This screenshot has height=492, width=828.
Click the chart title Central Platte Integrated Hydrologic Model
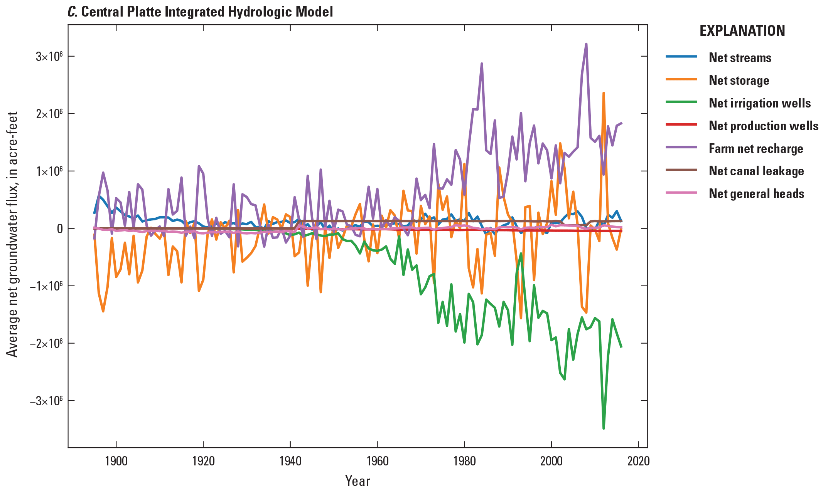(x=201, y=12)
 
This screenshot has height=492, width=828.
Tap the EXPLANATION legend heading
(x=742, y=31)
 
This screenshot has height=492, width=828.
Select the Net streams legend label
(x=740, y=58)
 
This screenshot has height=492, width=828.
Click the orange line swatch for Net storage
(x=681, y=79)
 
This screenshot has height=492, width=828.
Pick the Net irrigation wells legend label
(x=759, y=103)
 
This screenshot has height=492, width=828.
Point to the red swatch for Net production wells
(x=681, y=124)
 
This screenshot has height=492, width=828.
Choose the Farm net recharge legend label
(x=755, y=149)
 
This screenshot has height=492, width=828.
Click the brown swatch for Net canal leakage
(x=681, y=170)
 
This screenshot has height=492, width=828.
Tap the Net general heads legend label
(x=756, y=194)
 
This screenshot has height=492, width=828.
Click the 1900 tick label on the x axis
(x=116, y=461)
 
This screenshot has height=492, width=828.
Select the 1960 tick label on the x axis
(x=377, y=461)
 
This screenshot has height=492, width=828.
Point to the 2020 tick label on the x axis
(x=638, y=461)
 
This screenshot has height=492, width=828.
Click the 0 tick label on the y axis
(x=60, y=229)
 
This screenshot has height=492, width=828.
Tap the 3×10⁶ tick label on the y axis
(x=49, y=57)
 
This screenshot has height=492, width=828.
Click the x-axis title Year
(x=358, y=481)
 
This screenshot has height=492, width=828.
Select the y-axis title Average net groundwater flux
(x=12, y=234)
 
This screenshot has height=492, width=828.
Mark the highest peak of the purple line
(x=586, y=44)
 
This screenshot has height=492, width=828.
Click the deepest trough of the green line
(x=604, y=428)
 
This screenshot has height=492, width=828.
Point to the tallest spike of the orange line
(x=604, y=93)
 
